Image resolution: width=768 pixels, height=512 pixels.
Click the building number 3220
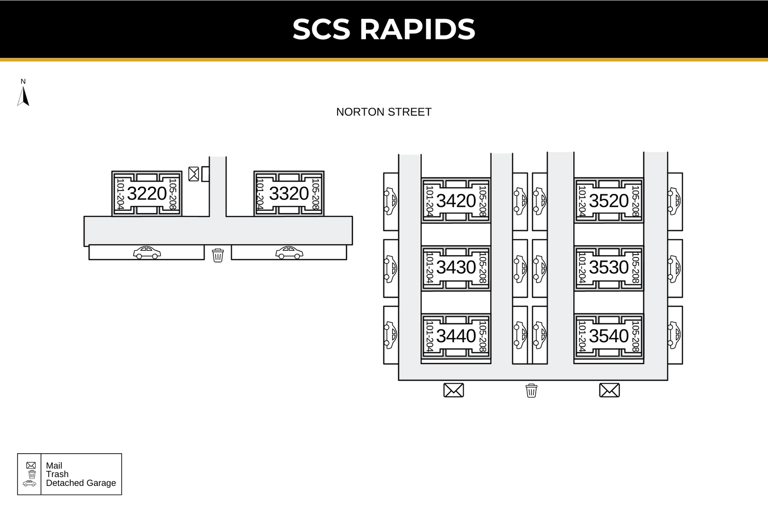(147, 193)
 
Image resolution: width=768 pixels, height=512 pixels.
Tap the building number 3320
(289, 193)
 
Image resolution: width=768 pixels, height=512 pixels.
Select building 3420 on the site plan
(456, 201)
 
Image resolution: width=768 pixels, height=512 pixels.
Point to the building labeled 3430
(456, 267)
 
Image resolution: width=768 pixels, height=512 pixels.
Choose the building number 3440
(456, 336)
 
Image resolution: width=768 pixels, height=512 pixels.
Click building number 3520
(609, 201)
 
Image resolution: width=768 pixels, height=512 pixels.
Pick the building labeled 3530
(609, 267)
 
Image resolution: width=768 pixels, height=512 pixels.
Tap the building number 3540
(609, 336)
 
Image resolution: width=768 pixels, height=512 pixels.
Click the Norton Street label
(384, 112)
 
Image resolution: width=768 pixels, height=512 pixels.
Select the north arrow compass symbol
(23, 93)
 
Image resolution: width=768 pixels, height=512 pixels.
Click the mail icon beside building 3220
(193, 174)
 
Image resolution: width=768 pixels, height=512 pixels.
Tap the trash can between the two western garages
(218, 255)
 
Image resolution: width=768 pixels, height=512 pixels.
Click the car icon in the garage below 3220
(147, 253)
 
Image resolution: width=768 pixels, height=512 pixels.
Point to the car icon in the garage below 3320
(289, 253)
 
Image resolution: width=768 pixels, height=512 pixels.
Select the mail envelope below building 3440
(454, 390)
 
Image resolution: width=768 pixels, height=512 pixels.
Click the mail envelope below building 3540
(609, 390)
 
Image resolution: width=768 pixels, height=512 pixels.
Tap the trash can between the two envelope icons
(531, 391)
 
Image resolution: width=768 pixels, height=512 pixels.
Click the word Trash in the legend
(57, 474)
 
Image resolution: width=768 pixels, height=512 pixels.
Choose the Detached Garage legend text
(81, 483)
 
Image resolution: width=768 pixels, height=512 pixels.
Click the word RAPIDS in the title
(417, 29)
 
